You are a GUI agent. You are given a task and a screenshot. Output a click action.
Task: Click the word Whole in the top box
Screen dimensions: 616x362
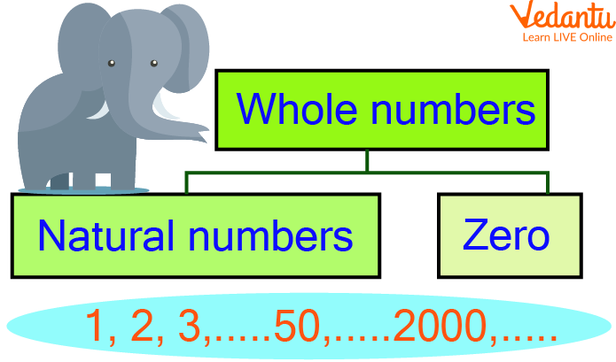(x=297, y=109)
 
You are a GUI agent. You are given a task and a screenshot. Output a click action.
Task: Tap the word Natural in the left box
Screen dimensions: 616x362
(x=105, y=235)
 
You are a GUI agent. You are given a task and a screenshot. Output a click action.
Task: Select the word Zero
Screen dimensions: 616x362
(x=506, y=235)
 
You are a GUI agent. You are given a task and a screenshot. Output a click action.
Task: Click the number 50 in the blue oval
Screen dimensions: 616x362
(x=297, y=326)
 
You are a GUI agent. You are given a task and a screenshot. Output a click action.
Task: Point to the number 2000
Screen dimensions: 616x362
(x=440, y=326)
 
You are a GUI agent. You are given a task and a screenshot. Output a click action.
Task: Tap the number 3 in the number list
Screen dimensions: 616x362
(x=190, y=326)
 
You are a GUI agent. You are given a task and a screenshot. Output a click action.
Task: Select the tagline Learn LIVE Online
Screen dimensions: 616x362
(x=567, y=37)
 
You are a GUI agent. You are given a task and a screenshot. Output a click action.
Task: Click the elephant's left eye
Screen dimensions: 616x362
(x=112, y=63)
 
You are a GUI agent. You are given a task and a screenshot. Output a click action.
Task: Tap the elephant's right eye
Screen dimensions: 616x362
(x=154, y=63)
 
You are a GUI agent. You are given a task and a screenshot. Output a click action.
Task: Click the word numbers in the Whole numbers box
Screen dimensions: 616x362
(x=453, y=109)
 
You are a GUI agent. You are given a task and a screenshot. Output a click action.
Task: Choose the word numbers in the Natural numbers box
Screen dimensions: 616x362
(x=270, y=235)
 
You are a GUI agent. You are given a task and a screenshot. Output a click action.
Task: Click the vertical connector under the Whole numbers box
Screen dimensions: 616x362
(x=367, y=160)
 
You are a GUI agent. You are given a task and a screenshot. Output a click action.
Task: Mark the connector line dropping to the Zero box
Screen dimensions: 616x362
(x=548, y=182)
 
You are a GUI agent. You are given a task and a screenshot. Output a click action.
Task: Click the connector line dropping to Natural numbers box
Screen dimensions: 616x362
(x=187, y=182)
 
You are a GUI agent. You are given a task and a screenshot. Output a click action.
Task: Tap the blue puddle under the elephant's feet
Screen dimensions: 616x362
(x=83, y=190)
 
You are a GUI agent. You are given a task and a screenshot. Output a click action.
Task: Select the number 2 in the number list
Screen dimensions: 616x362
(x=142, y=326)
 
